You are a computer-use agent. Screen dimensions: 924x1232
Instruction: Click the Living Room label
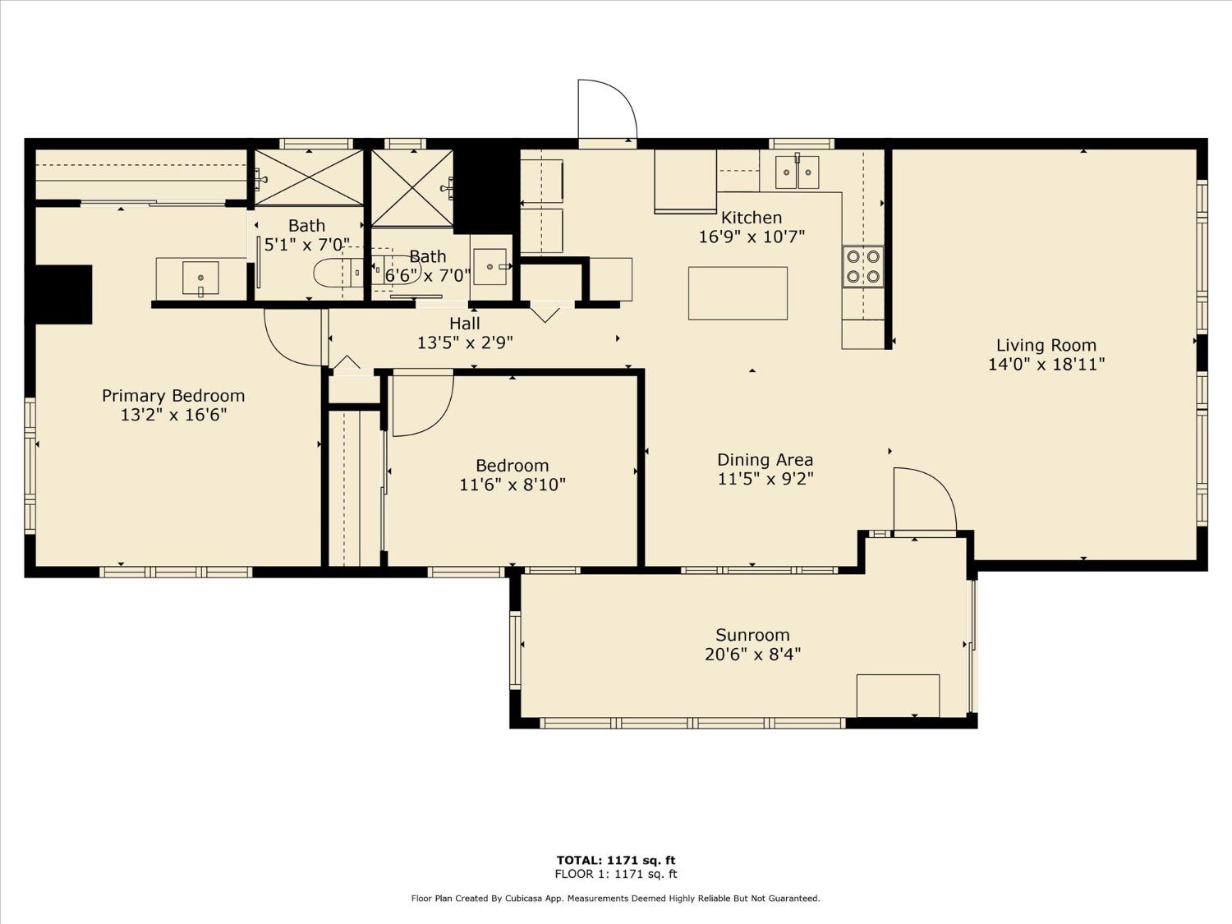click(1046, 346)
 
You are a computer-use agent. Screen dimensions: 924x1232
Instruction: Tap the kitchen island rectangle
click(738, 293)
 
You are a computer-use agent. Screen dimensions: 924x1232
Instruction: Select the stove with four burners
click(863, 267)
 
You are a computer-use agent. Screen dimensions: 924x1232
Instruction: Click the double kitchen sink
click(798, 172)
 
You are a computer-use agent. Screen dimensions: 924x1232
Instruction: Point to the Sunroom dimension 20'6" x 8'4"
click(752, 655)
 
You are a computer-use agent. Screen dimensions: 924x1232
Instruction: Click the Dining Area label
click(765, 460)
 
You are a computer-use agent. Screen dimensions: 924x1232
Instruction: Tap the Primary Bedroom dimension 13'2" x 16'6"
click(173, 415)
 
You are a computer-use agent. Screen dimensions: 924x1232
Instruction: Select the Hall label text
click(465, 324)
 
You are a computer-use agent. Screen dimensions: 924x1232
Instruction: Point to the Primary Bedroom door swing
click(291, 338)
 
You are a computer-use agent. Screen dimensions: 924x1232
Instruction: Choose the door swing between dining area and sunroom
click(923, 499)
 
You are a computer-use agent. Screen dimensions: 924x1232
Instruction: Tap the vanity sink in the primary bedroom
click(200, 278)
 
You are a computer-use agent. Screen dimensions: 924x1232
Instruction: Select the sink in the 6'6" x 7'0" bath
click(491, 267)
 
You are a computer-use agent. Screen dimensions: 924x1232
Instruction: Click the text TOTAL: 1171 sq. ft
click(616, 861)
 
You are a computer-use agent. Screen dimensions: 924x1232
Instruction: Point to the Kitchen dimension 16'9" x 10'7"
click(752, 237)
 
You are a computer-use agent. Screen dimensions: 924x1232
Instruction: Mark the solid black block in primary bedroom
click(63, 294)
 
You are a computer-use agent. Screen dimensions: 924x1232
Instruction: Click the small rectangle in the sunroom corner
click(898, 696)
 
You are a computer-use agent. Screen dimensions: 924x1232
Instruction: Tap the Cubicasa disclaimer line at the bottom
click(615, 899)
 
